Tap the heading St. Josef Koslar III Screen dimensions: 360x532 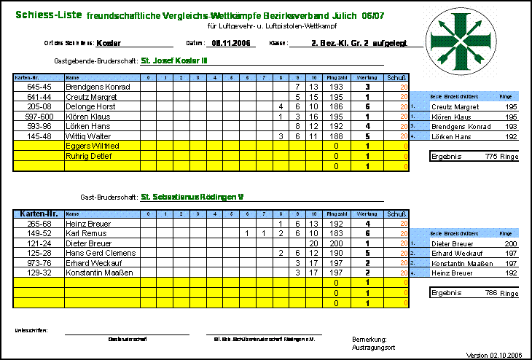[175, 60]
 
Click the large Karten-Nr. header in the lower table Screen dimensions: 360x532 [39, 214]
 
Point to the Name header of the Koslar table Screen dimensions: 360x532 [72, 77]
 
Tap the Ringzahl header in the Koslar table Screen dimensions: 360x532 [336, 77]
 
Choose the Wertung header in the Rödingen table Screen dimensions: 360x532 [367, 214]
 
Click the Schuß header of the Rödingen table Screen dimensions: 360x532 [396, 214]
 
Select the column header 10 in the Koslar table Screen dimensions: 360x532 [313, 77]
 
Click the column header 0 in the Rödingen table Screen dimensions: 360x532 [148, 214]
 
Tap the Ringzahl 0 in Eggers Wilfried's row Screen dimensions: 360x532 [336, 146]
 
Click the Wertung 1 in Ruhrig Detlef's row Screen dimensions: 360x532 [367, 156]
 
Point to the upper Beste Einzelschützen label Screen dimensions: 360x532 [454, 96]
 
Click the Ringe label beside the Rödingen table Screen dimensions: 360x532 [505, 233]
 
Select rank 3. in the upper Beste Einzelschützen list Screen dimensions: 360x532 [413, 125]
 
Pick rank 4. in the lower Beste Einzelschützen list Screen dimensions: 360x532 [413, 273]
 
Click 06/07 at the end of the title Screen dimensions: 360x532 [372, 15]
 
